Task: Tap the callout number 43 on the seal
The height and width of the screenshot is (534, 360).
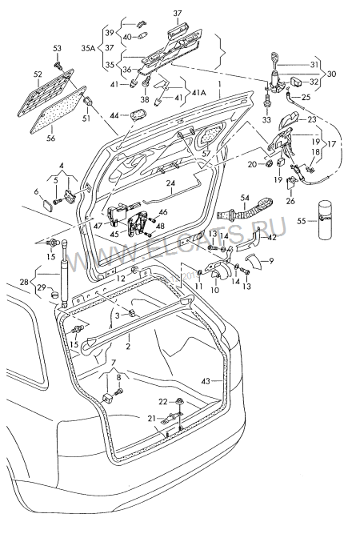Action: coord(206,381)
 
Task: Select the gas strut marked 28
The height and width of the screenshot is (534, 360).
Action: coord(64,271)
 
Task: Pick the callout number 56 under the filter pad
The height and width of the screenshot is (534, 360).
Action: coord(51,139)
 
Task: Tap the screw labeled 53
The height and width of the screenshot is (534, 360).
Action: coord(58,64)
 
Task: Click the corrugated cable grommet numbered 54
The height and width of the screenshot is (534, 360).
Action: coord(243,209)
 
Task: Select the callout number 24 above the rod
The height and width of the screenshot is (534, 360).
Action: coord(170,183)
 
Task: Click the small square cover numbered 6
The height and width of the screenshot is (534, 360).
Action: coord(47,205)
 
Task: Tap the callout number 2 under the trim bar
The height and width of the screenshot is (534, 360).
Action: coord(128,347)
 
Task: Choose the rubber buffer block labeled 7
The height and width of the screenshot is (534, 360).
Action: coord(107,398)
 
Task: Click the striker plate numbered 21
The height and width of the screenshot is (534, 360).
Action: coord(172,416)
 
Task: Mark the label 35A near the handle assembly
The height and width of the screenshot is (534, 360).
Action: coord(88,48)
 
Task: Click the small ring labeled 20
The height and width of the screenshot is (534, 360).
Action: coord(269,164)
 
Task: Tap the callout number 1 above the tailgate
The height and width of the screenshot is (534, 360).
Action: coord(220,83)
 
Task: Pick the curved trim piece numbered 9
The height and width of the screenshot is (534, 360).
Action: coord(254,261)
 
